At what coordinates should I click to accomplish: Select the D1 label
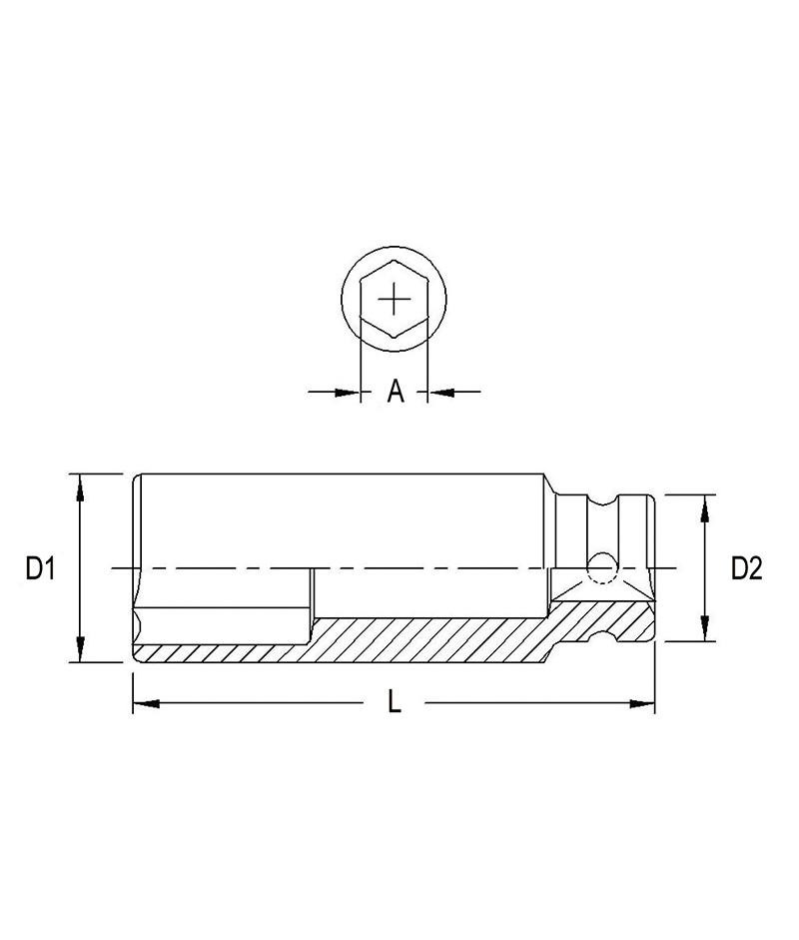[39, 568]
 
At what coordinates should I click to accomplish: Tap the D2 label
[746, 568]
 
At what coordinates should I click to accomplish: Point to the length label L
[395, 703]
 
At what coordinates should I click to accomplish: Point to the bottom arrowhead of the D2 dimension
[706, 631]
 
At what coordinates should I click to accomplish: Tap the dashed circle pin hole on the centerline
[602, 567]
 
